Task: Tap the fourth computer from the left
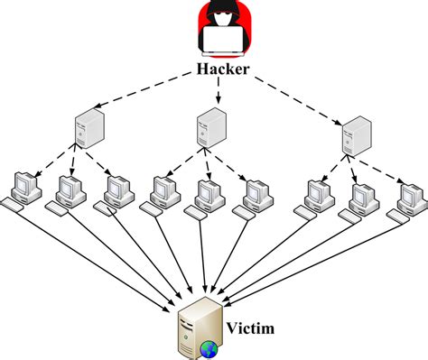163,190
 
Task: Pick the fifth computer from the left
206,191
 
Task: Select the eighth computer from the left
361,195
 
